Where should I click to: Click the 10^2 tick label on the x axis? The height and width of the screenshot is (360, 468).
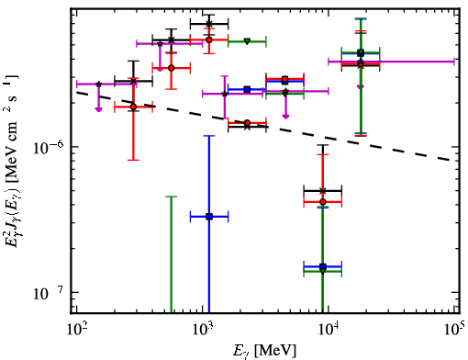[77, 329]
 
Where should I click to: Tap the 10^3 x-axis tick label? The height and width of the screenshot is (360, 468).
[203, 329]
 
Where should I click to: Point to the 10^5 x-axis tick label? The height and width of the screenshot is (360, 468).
[455, 329]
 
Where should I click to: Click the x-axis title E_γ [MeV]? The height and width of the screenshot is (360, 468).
[264, 351]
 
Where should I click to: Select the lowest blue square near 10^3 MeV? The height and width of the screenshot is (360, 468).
[209, 217]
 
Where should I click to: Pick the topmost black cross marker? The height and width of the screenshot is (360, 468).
[209, 24]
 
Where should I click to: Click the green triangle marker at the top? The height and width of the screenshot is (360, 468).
[247, 41]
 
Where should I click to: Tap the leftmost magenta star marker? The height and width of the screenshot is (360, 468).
[98, 84]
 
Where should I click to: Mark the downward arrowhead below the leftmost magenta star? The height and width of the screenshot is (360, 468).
[98, 109]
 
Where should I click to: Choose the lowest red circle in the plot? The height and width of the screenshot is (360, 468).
[322, 202]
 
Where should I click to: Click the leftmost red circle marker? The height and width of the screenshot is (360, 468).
[133, 107]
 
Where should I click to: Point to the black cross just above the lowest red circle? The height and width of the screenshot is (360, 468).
[322, 191]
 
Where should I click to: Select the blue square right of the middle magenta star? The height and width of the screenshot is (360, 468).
[247, 89]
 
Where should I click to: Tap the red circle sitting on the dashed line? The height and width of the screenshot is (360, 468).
[247, 123]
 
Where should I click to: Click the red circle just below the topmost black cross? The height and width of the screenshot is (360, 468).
[209, 39]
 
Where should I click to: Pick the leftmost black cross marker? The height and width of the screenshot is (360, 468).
[133, 81]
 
